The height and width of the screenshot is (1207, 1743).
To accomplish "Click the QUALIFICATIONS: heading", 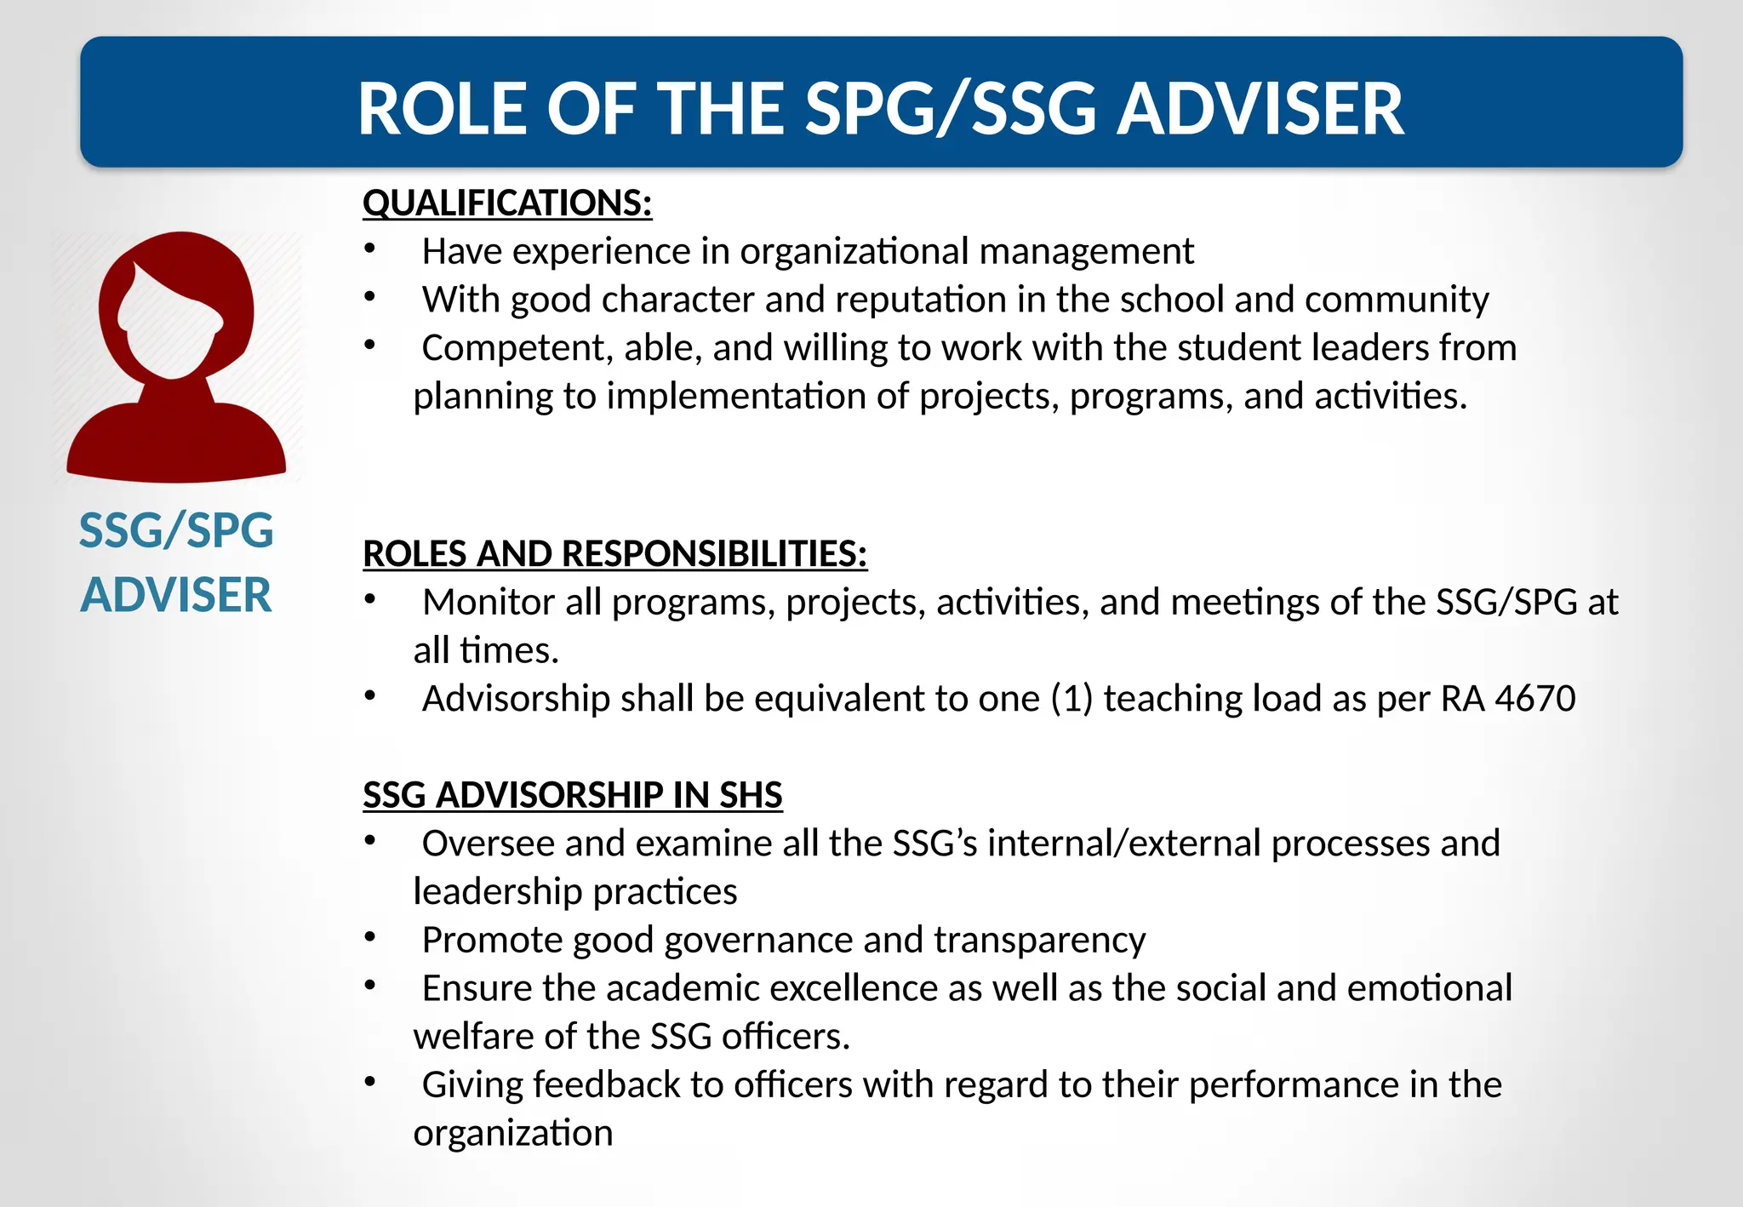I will (507, 203).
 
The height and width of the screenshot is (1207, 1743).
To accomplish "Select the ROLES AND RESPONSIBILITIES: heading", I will (614, 554).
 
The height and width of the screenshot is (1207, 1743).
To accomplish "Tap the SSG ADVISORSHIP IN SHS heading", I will (572, 795).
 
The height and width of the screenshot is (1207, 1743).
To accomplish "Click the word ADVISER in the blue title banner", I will (1260, 109).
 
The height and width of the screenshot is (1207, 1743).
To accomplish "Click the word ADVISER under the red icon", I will (176, 594).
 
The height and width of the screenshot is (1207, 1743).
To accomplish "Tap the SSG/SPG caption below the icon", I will (176, 530).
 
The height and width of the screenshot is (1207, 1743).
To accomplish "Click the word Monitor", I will (488, 603).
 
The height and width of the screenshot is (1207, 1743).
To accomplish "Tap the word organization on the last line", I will (513, 1134).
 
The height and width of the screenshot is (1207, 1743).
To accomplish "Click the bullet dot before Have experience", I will (369, 249).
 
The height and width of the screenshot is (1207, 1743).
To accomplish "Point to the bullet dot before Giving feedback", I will (369, 1082).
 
